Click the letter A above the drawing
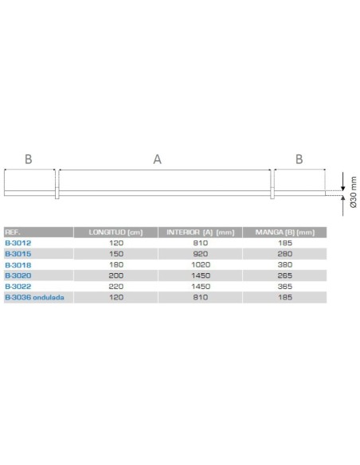pos(157,159)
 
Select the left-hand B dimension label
pos(29,159)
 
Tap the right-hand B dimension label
pos(299,159)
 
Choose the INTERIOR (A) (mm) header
pos(200,232)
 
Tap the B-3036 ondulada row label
pos(33,297)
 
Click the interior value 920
pos(200,253)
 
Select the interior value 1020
pos(200,264)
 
